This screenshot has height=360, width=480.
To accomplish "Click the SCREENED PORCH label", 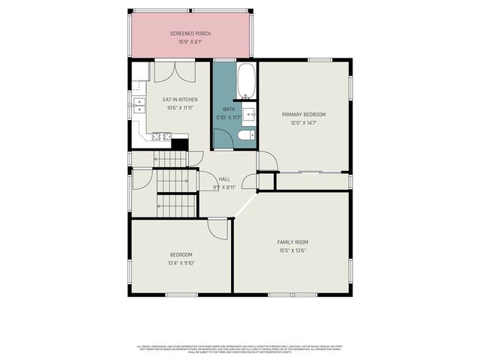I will [190, 34].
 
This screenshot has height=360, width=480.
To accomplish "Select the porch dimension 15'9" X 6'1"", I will [190, 42].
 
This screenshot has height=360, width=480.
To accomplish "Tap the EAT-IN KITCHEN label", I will [180, 99].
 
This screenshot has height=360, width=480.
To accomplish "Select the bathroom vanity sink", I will [250, 115].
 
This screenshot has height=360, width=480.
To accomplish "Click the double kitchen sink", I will [139, 105].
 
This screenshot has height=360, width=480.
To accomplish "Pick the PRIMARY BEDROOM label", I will [304, 115].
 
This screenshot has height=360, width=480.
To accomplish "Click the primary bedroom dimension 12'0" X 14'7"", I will [304, 123].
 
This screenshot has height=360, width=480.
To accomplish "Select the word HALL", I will [224, 179].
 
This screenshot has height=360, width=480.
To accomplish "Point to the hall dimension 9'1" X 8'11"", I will [224, 187].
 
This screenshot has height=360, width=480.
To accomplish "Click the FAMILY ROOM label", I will [292, 242].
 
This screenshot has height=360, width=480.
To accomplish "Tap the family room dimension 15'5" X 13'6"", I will [292, 250].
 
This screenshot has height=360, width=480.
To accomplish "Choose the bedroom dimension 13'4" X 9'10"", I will [181, 263].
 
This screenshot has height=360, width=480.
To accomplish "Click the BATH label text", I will [228, 109].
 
